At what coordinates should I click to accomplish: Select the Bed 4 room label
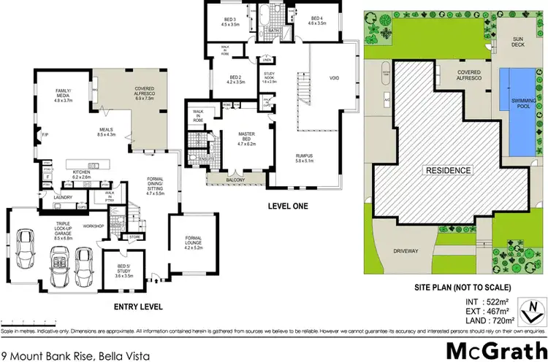[x=317, y=21]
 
